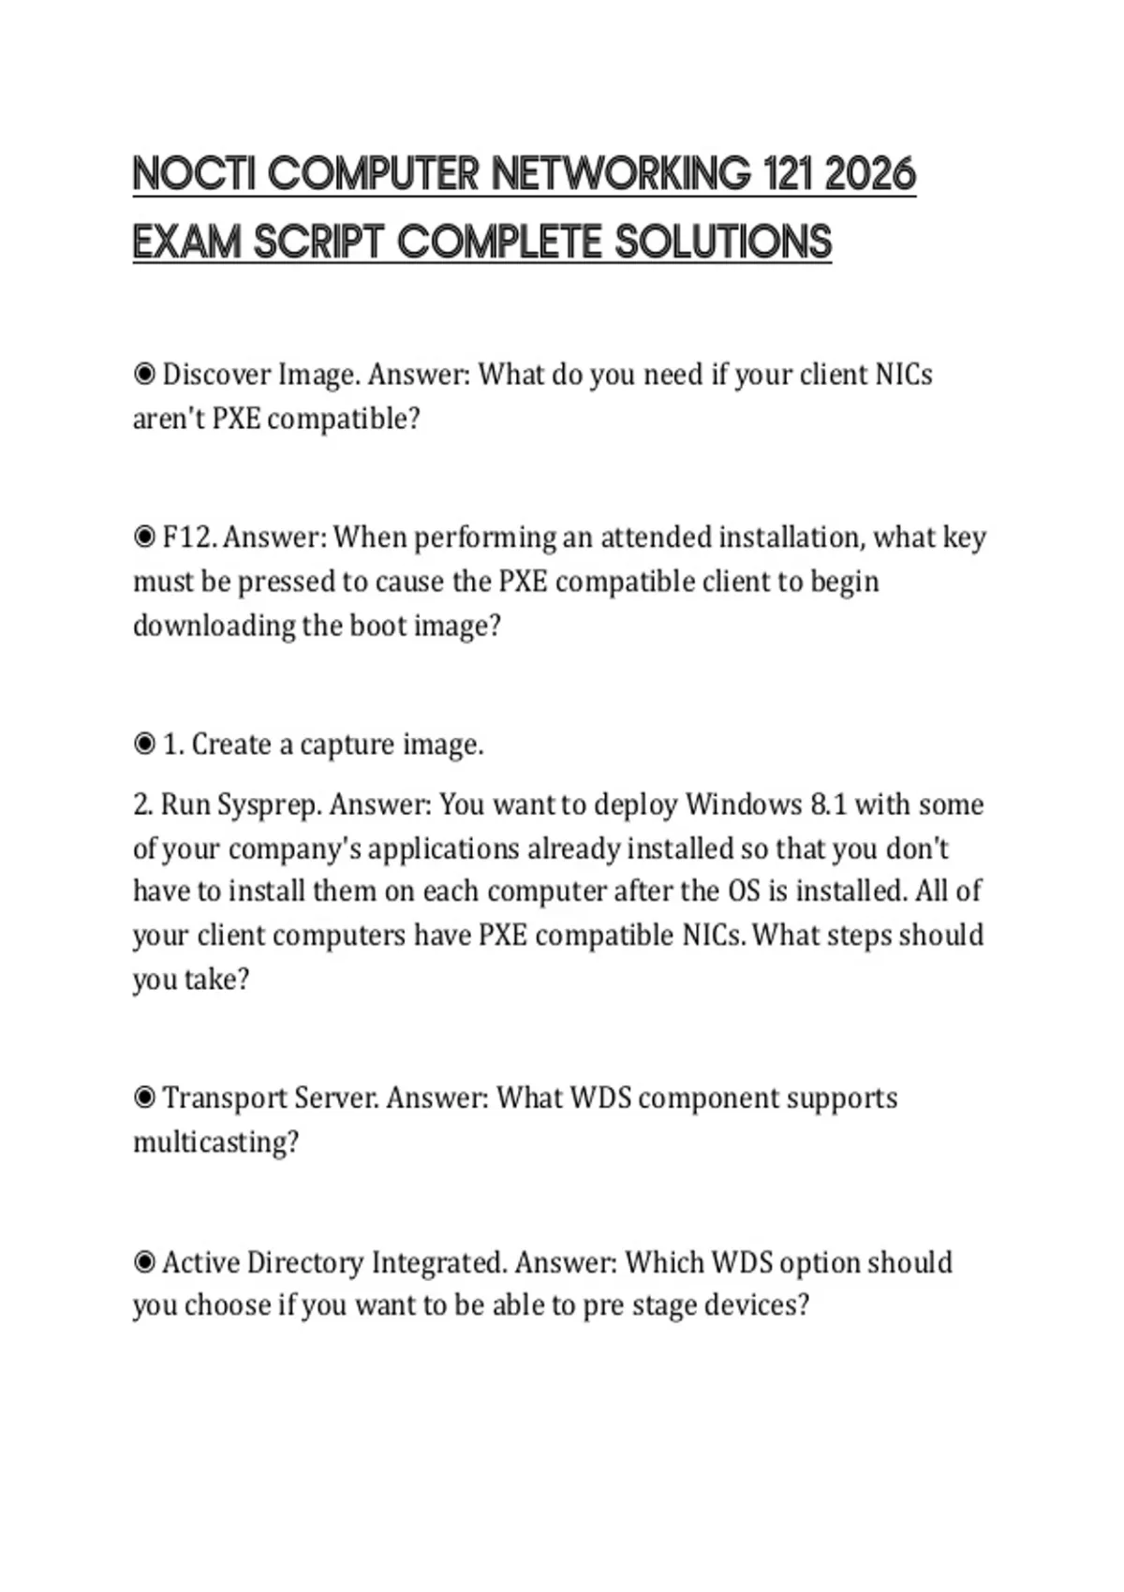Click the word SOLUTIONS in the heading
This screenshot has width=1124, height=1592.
(x=723, y=242)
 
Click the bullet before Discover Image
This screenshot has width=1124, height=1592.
(x=144, y=375)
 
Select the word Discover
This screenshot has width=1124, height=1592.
(x=216, y=375)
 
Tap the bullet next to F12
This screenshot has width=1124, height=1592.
(x=144, y=538)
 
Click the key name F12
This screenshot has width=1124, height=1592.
(x=189, y=538)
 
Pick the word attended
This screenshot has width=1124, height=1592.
(x=657, y=538)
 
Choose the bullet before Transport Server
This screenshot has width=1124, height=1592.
(x=144, y=1098)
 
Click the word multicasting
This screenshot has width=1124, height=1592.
(x=215, y=1142)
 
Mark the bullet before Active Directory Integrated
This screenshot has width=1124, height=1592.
(x=144, y=1262)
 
